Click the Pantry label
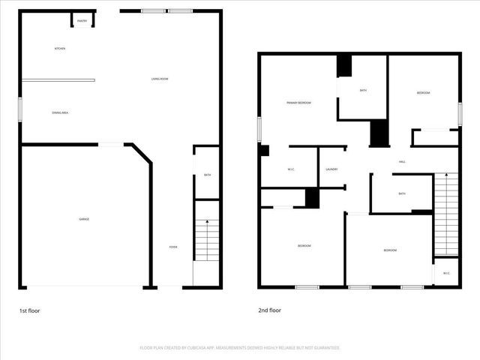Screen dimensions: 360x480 [x=82, y=21]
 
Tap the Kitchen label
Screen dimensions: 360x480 [x=60, y=49]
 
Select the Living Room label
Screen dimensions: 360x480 [x=159, y=79]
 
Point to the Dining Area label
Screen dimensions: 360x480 [x=60, y=112]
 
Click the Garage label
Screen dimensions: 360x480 [x=85, y=219]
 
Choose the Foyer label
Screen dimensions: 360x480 [x=172, y=247]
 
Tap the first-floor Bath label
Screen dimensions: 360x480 [x=207, y=175]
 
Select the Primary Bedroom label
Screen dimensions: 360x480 [x=298, y=103]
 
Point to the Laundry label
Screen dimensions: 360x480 [x=331, y=169]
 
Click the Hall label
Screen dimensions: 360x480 [x=402, y=162]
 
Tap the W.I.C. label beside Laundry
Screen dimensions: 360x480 [x=290, y=169]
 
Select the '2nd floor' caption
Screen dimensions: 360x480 [x=269, y=309]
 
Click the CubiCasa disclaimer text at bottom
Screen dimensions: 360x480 [x=240, y=348]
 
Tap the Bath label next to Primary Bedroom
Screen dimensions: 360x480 [x=363, y=91]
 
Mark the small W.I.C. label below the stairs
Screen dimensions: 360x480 [x=446, y=273]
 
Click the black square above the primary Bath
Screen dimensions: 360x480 [x=344, y=66]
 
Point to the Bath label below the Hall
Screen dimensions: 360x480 [x=402, y=193]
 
